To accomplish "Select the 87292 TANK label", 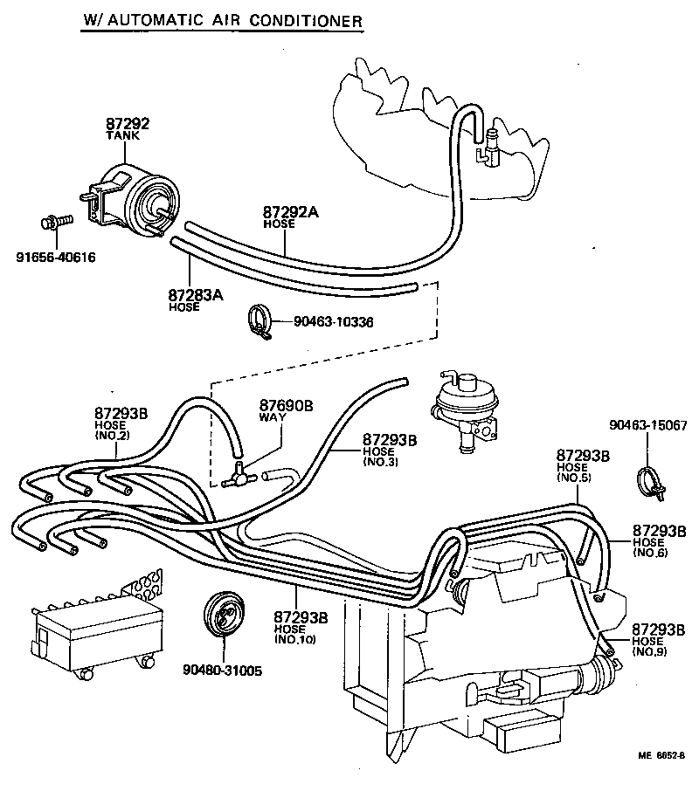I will [x=127, y=127].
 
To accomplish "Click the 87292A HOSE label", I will [x=289, y=216].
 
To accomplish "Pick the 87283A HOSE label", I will [x=196, y=299].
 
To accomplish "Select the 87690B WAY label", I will [x=285, y=410].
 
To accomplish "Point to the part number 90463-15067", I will [x=649, y=426].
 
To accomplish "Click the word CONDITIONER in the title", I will [x=310, y=20].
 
